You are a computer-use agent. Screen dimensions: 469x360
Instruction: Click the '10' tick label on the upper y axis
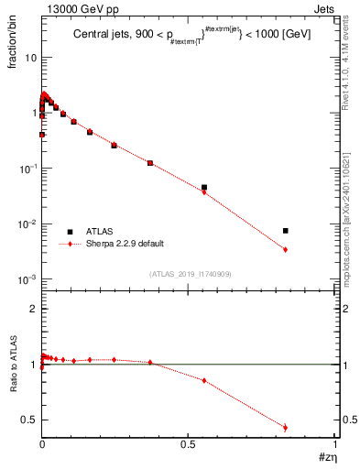click(30, 57)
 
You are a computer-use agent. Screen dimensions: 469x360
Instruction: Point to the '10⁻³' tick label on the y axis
click(27, 279)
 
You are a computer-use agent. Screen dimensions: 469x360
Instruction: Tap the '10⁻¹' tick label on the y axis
click(27, 169)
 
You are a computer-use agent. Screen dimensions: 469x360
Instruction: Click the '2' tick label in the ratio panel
click(33, 310)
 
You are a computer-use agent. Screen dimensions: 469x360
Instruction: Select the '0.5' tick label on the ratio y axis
click(28, 420)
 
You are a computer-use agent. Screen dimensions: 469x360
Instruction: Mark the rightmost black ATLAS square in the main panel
click(286, 231)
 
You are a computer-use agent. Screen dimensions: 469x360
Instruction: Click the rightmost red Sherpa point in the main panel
click(286, 249)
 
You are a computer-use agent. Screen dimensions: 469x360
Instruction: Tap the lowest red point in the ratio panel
click(286, 427)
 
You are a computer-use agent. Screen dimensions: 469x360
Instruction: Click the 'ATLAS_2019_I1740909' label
click(190, 274)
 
